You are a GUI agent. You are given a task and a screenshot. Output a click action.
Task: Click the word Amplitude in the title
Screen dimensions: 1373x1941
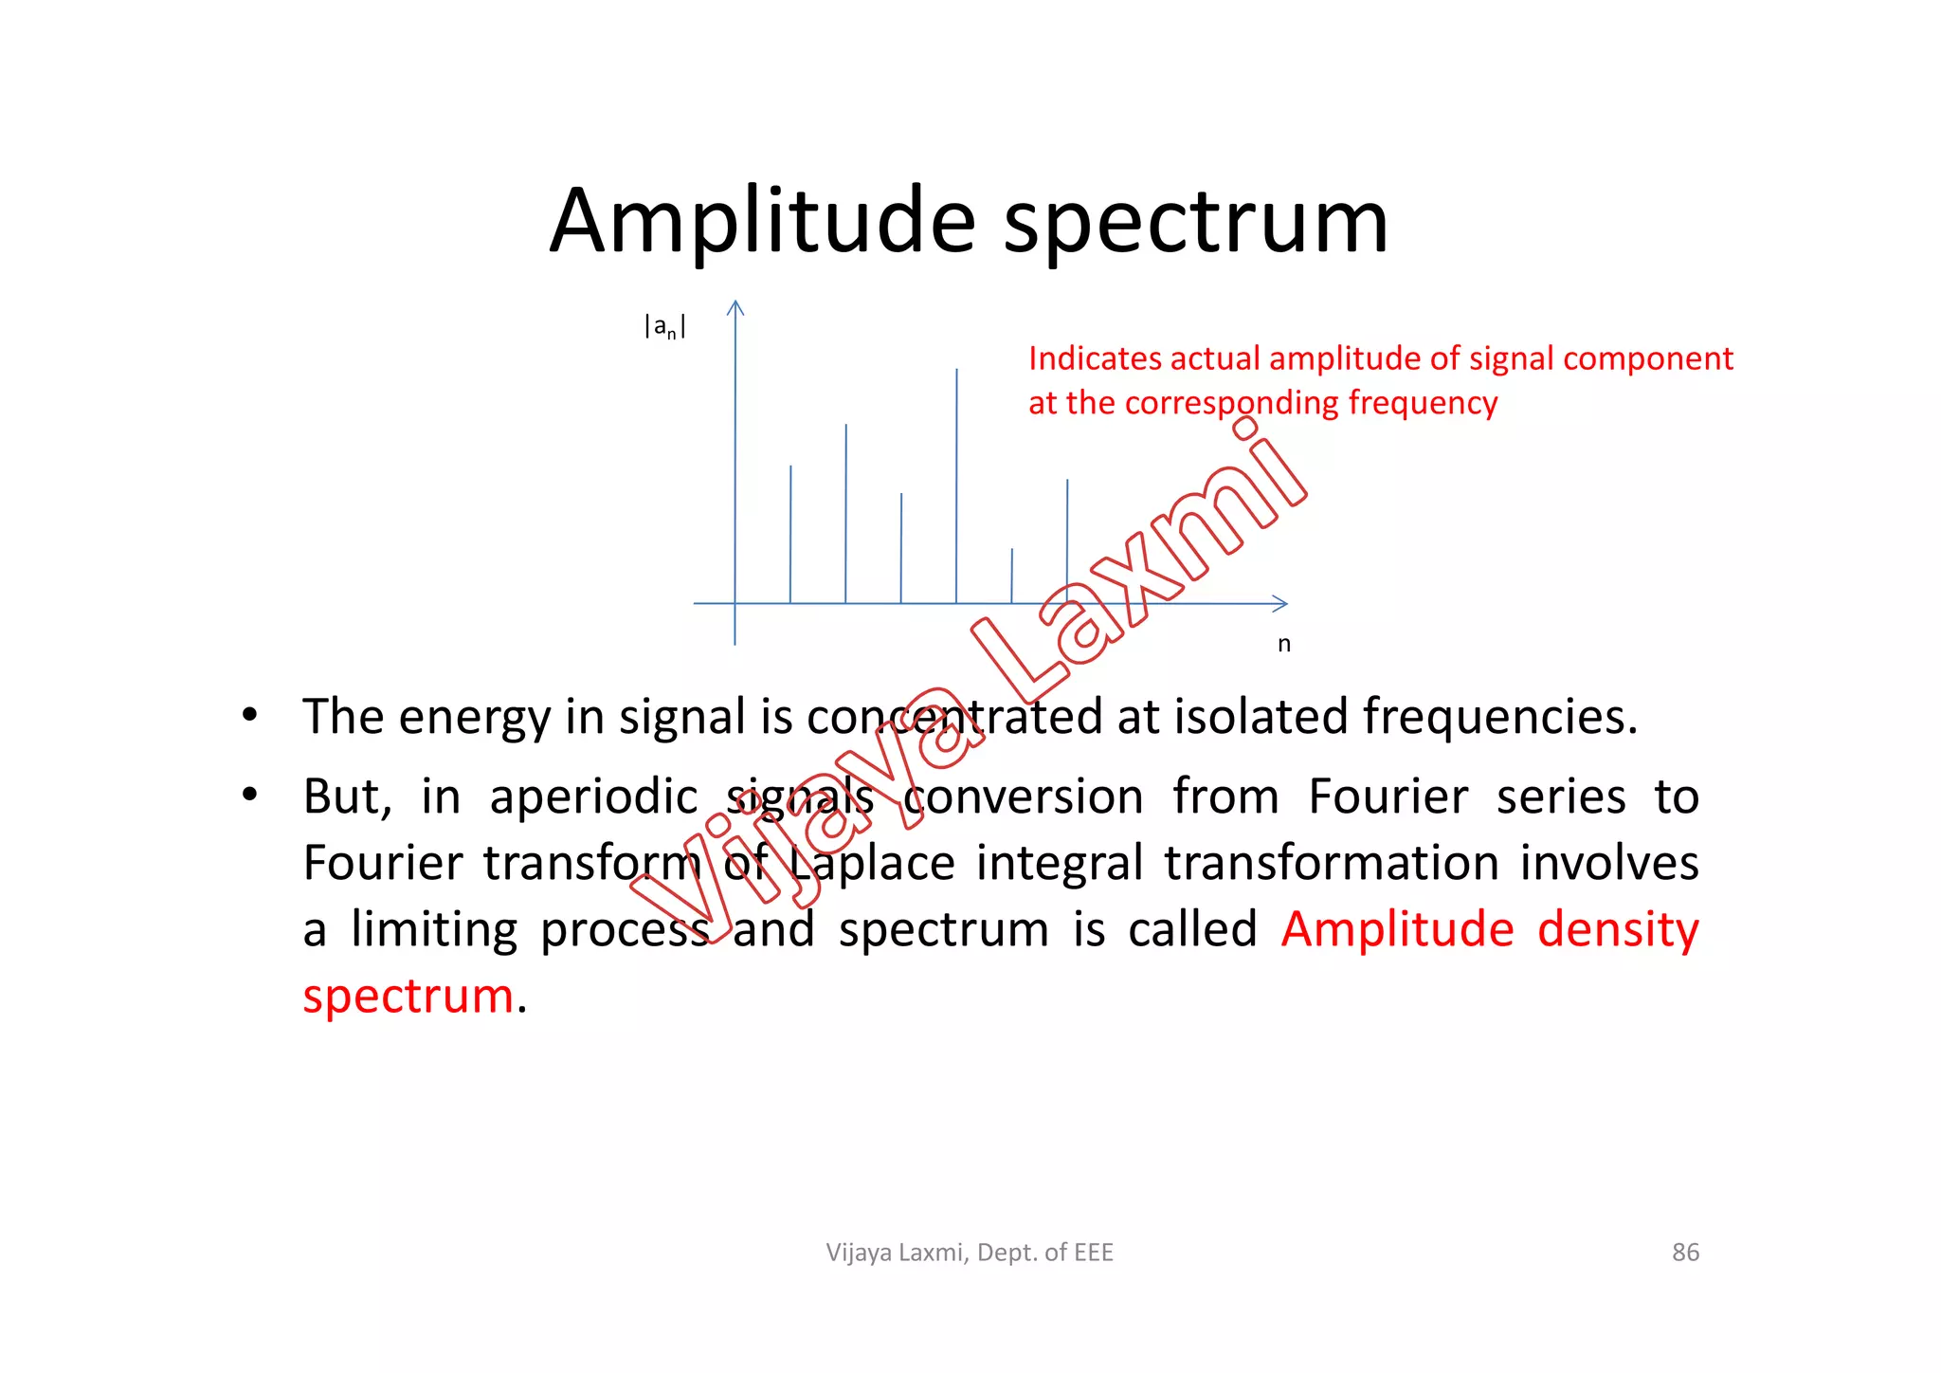pyautogui.click(x=762, y=223)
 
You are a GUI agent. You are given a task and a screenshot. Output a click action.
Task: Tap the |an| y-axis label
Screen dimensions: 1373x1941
pyautogui.click(x=664, y=327)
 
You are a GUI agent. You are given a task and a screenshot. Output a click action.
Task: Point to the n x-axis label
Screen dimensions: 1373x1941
pyautogui.click(x=1283, y=644)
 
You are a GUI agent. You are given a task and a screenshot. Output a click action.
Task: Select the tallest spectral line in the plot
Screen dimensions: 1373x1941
pyautogui.click(x=956, y=484)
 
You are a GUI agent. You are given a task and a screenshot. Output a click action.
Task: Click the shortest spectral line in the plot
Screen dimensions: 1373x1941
pyautogui.click(x=1011, y=576)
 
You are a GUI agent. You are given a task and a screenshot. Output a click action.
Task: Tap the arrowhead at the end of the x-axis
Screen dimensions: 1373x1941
pyautogui.click(x=1280, y=603)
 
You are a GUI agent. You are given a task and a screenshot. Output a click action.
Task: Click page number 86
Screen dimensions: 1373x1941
pyautogui.click(x=1685, y=1253)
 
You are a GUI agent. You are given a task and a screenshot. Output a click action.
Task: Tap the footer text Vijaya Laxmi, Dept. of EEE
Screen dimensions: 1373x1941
pyautogui.click(x=970, y=1253)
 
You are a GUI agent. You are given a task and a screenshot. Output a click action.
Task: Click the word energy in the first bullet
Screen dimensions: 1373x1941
pyautogui.click(x=474, y=718)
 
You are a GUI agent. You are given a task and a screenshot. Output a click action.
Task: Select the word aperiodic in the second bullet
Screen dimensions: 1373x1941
pyautogui.click(x=593, y=797)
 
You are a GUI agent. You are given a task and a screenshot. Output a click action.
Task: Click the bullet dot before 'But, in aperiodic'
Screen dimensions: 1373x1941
pyautogui.click(x=248, y=795)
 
